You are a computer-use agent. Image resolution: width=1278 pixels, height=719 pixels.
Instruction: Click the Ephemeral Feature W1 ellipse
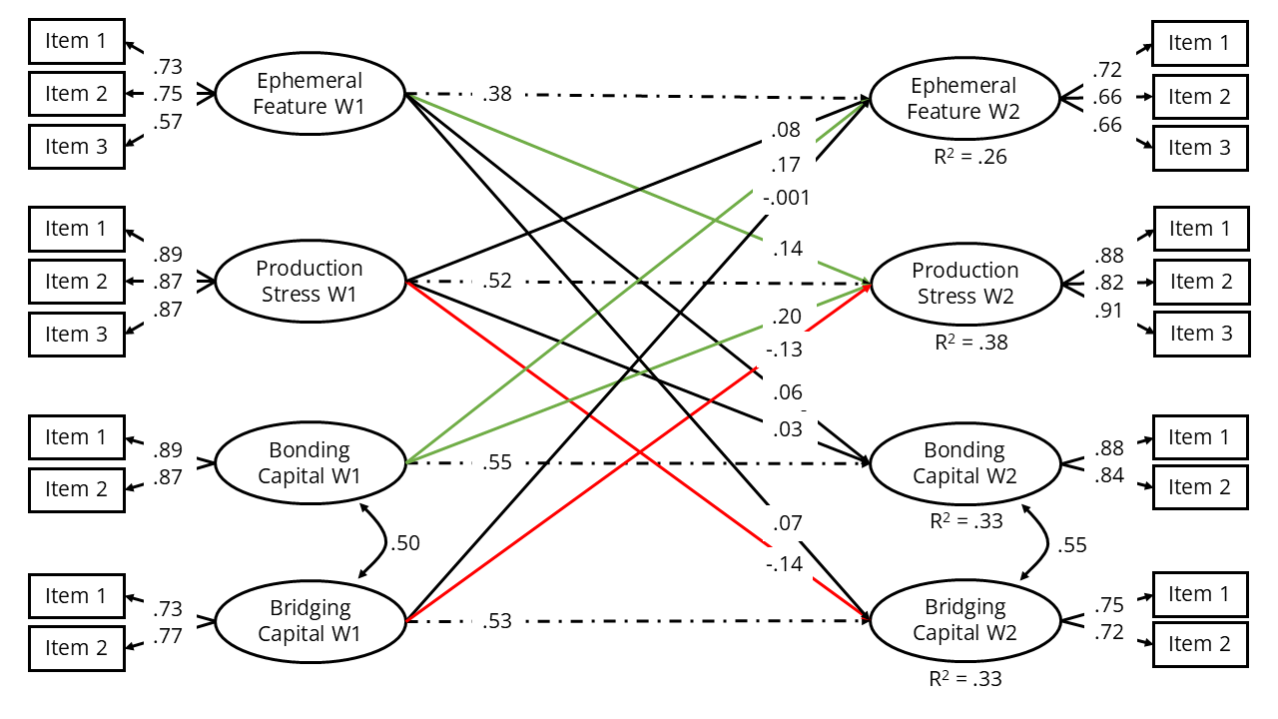tap(310, 94)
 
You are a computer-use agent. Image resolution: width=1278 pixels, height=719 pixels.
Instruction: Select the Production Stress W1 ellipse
tap(310, 281)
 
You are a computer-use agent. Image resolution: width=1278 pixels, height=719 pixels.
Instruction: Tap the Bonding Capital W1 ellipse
tap(310, 462)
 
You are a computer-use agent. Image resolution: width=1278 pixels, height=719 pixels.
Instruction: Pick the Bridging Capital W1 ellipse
tap(310, 620)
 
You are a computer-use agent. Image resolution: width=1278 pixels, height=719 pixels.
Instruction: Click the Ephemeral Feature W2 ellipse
tap(964, 99)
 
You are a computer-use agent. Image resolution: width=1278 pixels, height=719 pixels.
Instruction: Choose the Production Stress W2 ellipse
tap(964, 284)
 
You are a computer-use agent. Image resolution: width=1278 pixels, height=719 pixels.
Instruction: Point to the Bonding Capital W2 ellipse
tap(964, 463)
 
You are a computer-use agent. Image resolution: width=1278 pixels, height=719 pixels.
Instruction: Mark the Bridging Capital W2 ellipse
tap(964, 620)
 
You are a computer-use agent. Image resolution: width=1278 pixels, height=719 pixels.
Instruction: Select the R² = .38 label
tap(970, 342)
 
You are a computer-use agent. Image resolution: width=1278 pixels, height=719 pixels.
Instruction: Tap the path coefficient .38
tap(496, 94)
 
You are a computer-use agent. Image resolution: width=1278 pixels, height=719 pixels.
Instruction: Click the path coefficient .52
tap(496, 281)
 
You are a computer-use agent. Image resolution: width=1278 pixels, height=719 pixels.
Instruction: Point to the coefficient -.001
tap(786, 197)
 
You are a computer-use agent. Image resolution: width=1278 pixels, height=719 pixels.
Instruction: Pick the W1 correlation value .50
tap(405, 543)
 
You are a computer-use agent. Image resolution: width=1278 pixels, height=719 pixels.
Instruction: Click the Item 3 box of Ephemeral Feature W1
tap(77, 147)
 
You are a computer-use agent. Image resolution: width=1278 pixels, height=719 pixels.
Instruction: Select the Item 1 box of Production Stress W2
tap(1201, 229)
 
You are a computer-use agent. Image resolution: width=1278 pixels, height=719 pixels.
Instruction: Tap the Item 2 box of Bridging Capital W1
tap(77, 648)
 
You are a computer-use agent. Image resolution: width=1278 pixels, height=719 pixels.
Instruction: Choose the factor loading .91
tap(1109, 311)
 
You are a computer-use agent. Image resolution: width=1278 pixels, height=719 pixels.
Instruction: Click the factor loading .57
tap(168, 122)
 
